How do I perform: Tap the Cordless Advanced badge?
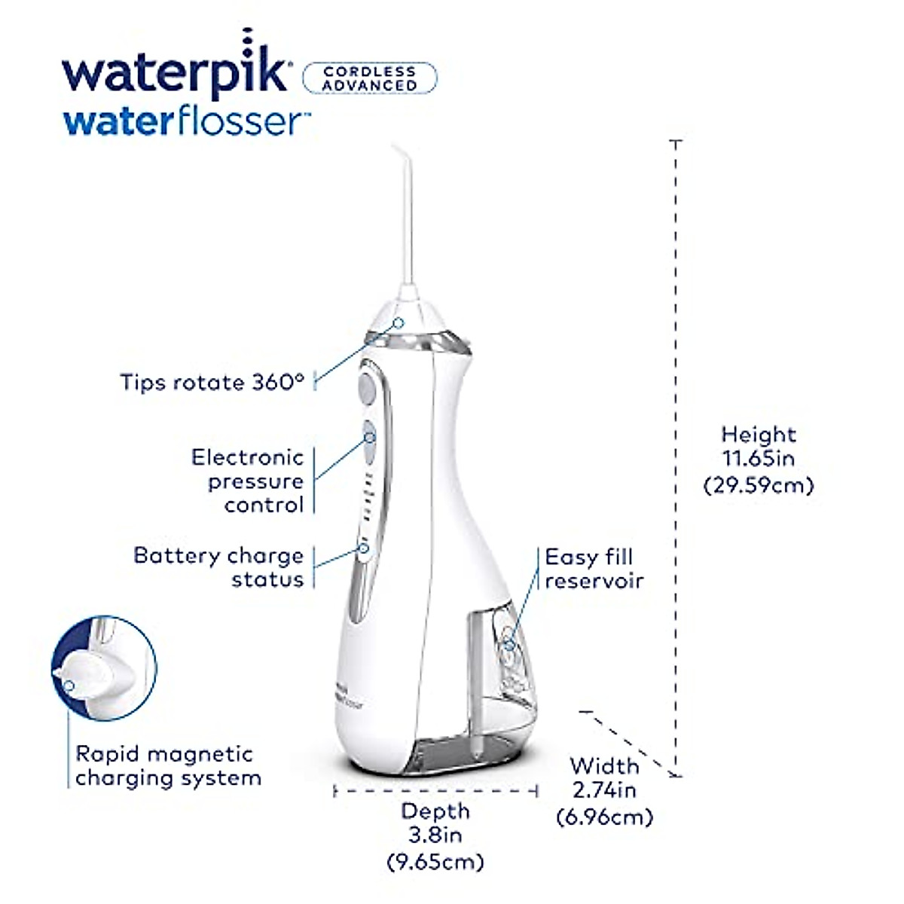pyautogui.click(x=369, y=78)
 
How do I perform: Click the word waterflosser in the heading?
pyautogui.click(x=185, y=121)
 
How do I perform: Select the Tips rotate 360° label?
pyautogui.click(x=212, y=382)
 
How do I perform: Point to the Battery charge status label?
pyautogui.click(x=219, y=567)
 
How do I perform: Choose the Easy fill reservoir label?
pyautogui.click(x=594, y=569)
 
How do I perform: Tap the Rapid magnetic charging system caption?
pyautogui.click(x=167, y=766)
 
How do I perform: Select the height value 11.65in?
pyautogui.click(x=759, y=458)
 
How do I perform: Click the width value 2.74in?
pyautogui.click(x=604, y=790)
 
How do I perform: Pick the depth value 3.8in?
pyautogui.click(x=435, y=835)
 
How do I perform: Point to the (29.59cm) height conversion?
pyautogui.click(x=759, y=485)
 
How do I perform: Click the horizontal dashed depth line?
pyautogui.click(x=435, y=791)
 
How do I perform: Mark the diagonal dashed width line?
pyautogui.click(x=629, y=742)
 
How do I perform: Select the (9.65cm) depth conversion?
pyautogui.click(x=435, y=860)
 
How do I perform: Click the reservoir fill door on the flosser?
pyautogui.click(x=510, y=644)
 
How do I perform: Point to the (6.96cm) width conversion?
pyautogui.click(x=604, y=816)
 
